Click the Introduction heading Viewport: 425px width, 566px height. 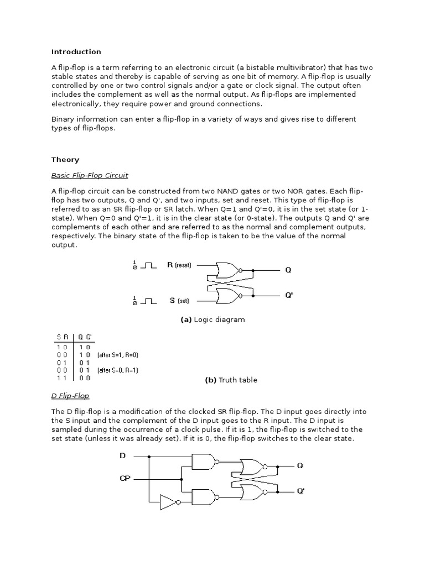coord(76,52)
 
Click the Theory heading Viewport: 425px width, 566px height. coord(65,160)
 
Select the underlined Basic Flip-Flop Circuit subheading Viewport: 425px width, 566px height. coord(90,175)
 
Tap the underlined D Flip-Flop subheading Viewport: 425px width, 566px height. coord(70,396)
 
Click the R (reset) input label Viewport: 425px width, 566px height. coord(179,265)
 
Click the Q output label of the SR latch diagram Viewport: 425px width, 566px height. coord(288,270)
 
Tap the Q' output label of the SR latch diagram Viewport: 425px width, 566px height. coord(289,296)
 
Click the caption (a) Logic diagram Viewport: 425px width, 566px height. coord(212,319)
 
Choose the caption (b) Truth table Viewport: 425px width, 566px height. coord(231,380)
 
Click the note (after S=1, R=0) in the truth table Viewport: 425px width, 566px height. coord(118,354)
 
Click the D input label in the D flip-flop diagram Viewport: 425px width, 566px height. coord(123,456)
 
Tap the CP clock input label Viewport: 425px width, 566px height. coord(125,478)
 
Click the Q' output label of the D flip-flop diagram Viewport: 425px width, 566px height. coord(300,491)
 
